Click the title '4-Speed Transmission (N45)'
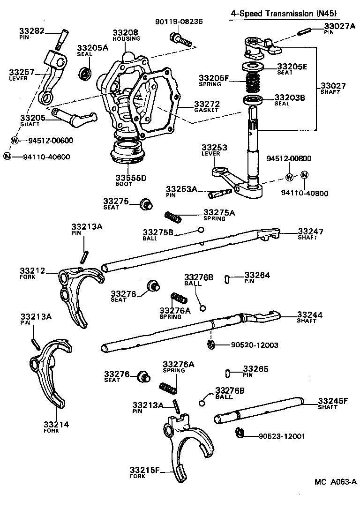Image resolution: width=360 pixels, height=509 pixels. (285, 14)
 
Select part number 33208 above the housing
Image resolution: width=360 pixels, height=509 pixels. (125, 32)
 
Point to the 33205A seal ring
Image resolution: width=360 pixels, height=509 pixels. (85, 74)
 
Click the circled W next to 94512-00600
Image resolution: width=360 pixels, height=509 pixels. (15, 140)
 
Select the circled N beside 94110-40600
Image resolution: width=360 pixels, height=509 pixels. (7, 157)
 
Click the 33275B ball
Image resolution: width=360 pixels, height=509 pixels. (200, 230)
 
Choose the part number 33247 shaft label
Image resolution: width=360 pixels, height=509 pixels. (311, 232)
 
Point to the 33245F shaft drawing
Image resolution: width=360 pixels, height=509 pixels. (258, 411)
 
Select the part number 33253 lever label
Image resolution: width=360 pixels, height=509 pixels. (214, 147)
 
